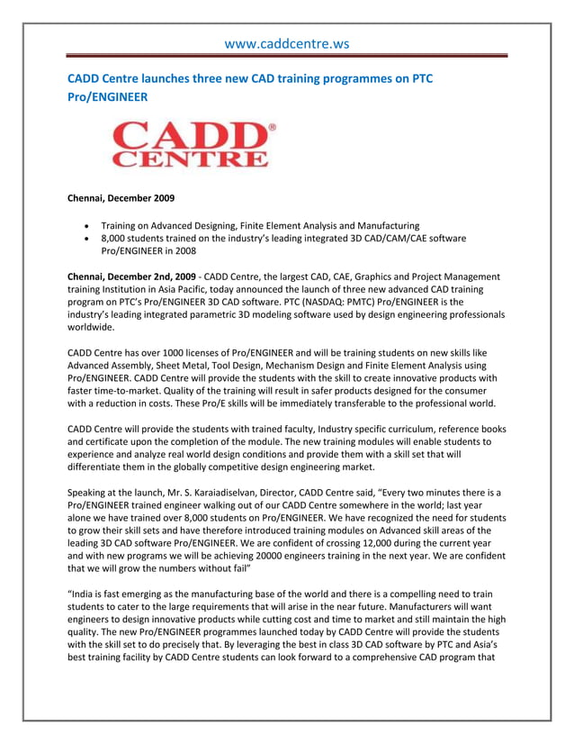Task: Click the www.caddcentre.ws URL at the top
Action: point(286,42)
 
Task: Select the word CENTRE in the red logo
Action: point(190,159)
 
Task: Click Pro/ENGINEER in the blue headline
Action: point(108,96)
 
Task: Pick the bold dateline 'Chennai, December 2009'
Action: point(121,197)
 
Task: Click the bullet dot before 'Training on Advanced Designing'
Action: point(85,225)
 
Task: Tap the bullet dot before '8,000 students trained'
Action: point(85,239)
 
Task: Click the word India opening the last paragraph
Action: point(88,594)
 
